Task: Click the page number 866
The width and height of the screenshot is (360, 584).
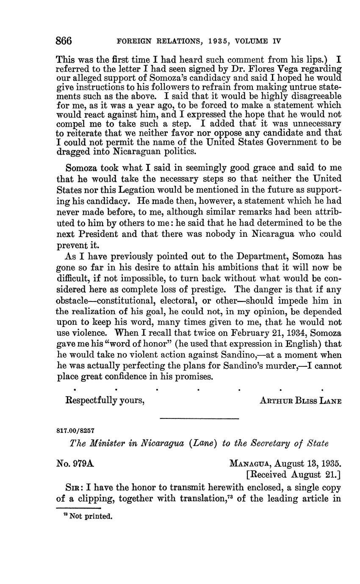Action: click(x=64, y=41)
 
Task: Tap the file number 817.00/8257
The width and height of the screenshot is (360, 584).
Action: click(x=75, y=430)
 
